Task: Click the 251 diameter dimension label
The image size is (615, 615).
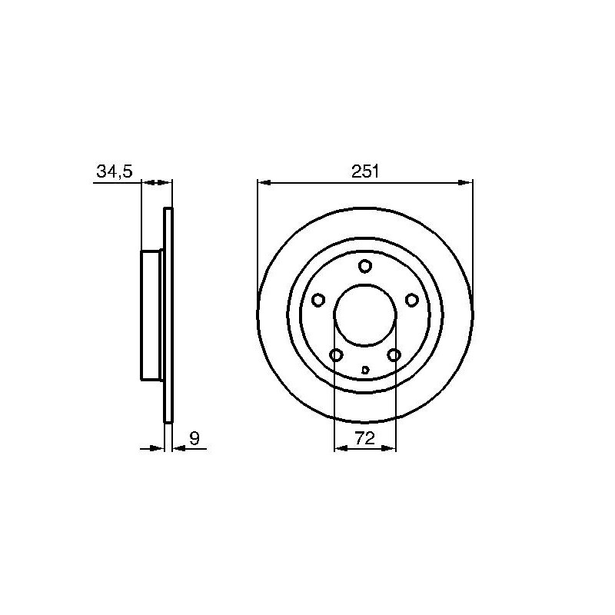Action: (364, 171)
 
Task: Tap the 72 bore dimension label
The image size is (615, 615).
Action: (364, 438)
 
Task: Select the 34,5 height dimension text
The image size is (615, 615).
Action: (115, 171)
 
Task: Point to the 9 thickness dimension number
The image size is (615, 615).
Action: (194, 438)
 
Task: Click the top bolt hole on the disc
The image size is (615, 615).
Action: (364, 266)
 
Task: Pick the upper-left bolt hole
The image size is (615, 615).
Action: (318, 300)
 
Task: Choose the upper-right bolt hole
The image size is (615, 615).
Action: (411, 300)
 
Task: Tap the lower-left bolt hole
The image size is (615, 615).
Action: (336, 355)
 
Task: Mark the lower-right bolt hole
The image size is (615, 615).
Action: (394, 355)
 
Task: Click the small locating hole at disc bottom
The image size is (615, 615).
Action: (365, 370)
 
